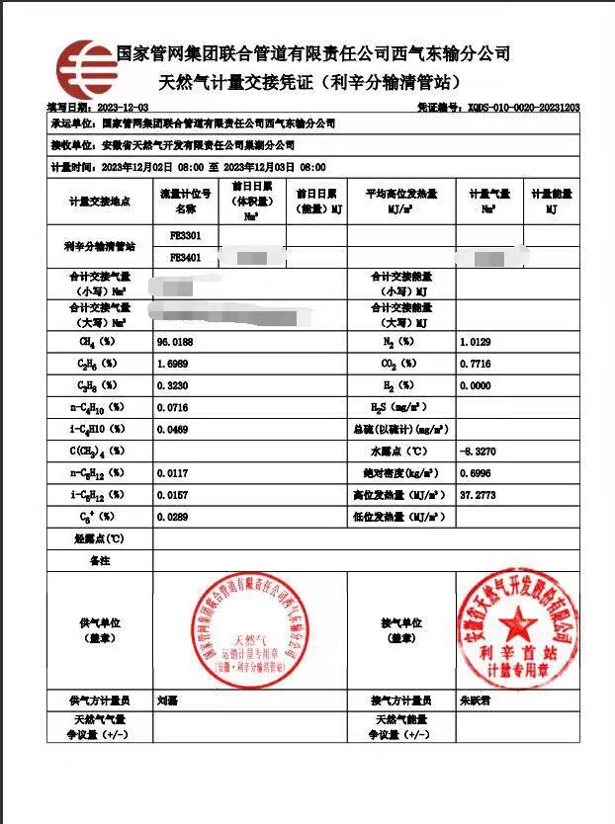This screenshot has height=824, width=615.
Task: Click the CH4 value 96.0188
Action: coord(175,341)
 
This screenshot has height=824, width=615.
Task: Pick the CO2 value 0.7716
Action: coord(476,363)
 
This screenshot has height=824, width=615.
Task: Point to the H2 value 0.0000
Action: coord(476,384)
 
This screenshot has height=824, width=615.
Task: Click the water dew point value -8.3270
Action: coord(478,451)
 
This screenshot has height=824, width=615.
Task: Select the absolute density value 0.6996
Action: coord(476,472)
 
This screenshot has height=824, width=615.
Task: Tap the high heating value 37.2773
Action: coord(478,494)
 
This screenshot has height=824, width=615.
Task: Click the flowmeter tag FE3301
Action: coord(185,236)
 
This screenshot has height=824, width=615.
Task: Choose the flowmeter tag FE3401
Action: coord(185,257)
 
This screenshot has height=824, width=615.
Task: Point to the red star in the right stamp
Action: coord(518,623)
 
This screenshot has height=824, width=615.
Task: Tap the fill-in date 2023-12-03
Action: coord(124,107)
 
